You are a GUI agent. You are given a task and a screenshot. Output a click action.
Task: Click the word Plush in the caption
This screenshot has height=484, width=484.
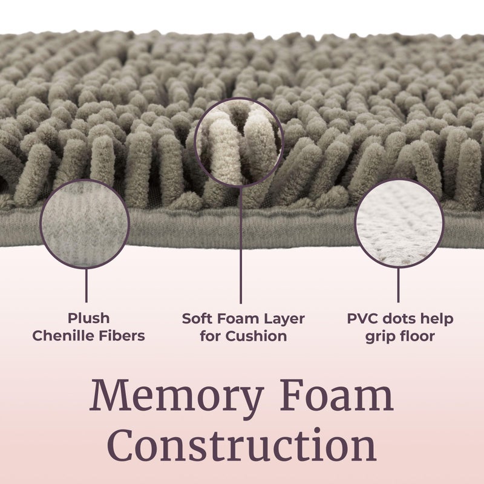(88, 318)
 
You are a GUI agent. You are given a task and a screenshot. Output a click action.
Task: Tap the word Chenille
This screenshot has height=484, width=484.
(59, 336)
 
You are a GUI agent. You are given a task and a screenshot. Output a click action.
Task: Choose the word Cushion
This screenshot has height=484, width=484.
(256, 336)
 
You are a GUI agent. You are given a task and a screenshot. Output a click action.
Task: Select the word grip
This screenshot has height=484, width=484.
(379, 337)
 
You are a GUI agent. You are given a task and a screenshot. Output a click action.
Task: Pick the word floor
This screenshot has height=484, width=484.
(415, 336)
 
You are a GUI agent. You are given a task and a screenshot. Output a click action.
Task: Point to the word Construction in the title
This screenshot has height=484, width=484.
(243, 445)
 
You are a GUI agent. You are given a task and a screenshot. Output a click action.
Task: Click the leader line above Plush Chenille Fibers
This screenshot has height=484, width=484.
(86, 286)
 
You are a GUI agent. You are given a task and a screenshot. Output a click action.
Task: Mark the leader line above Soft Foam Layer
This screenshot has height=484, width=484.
(241, 246)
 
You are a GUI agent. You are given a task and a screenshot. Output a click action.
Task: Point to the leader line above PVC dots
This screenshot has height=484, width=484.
(398, 286)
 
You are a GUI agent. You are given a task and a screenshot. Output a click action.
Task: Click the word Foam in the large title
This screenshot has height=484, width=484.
(337, 396)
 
